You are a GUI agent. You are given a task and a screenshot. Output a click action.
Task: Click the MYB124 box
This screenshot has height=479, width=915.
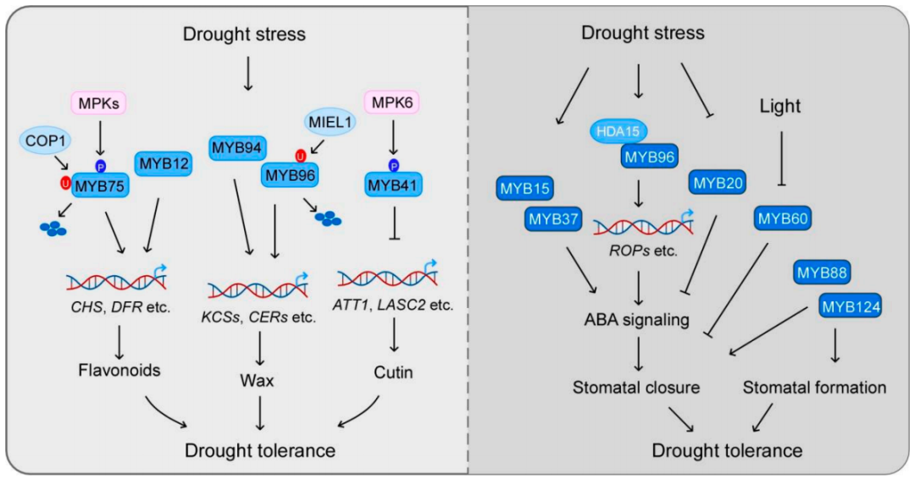(850, 306)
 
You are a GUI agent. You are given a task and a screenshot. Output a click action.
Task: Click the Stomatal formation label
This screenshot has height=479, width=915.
(814, 388)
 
